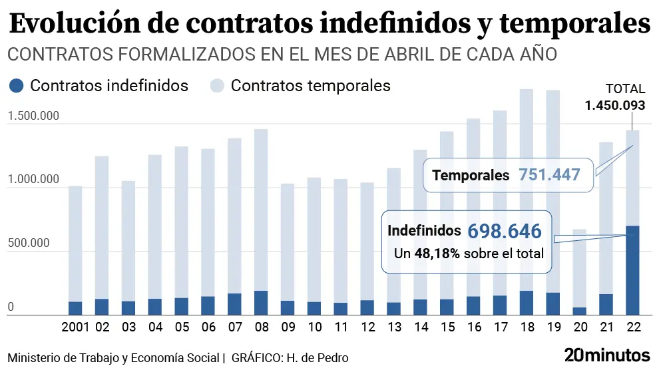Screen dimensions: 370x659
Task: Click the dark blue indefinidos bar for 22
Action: pos(632,270)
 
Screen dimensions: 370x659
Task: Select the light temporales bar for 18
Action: pos(526,190)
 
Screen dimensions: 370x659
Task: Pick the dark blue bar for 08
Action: pos(261,302)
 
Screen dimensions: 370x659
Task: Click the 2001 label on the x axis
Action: pos(75,327)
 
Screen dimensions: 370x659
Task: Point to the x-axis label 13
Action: pos(394,327)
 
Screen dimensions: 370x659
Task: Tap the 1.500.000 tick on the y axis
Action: pos(33,116)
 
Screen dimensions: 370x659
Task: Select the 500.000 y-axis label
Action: pos(29,243)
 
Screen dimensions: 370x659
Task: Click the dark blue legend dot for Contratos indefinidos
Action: pos(17,86)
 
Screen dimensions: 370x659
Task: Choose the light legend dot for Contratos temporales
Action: pos(218,86)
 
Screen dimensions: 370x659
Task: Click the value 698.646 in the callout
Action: pos(504,232)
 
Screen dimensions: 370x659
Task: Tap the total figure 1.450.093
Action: pos(614,104)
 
